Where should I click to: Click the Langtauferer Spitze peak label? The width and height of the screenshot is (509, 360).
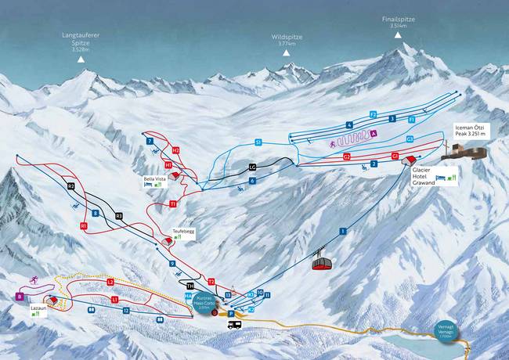[x=81, y=46]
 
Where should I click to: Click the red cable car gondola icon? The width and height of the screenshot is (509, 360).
[x=322, y=262]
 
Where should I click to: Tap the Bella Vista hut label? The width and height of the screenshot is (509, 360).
[x=154, y=178]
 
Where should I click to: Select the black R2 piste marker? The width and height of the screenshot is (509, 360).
[x=70, y=186]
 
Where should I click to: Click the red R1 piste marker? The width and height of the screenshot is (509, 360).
[x=84, y=225]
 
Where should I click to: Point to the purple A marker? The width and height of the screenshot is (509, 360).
[x=374, y=134]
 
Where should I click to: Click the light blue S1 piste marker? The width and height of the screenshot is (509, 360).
[x=258, y=142]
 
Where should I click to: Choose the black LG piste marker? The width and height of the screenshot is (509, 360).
[x=252, y=167]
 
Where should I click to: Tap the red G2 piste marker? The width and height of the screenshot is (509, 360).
[x=346, y=157]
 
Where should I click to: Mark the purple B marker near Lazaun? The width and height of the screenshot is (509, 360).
[x=20, y=297]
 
